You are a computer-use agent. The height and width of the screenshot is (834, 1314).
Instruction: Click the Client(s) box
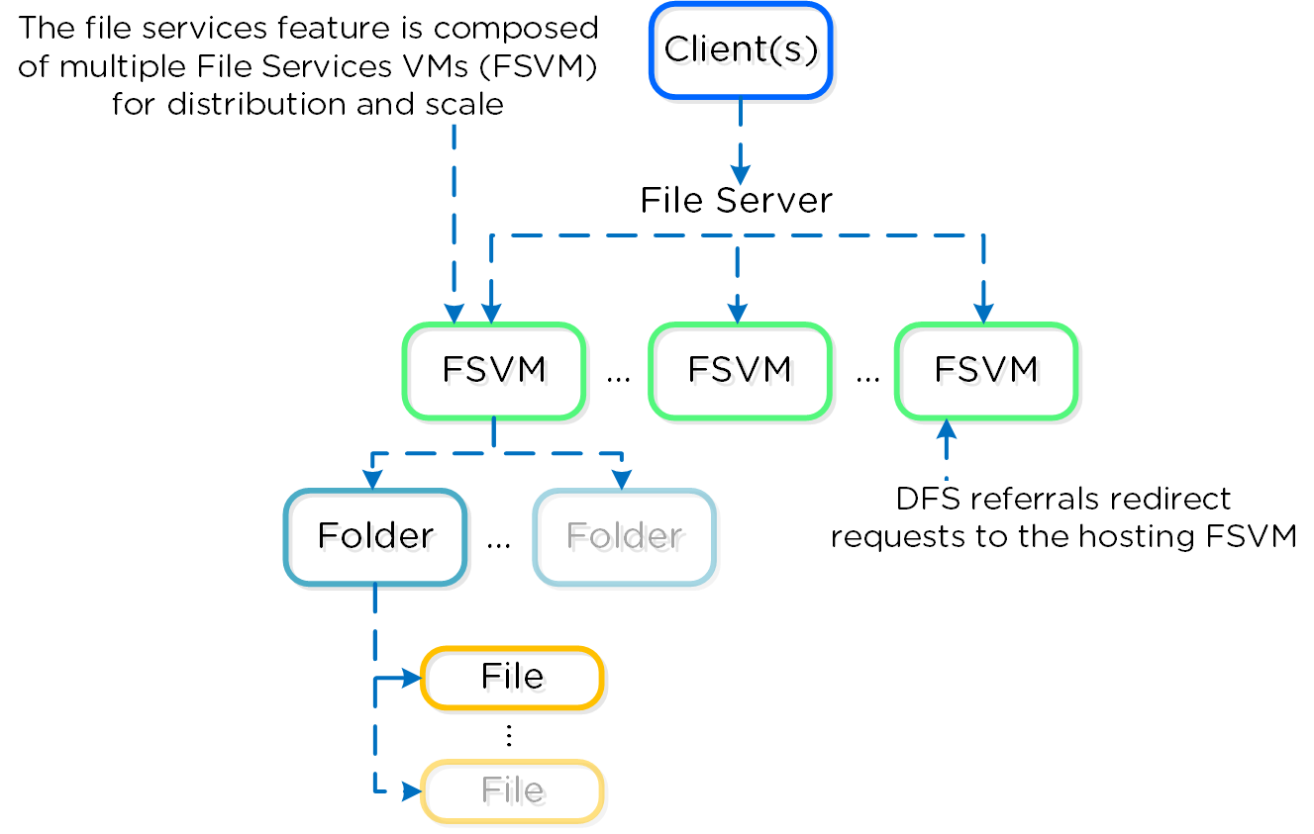pyautogui.click(x=741, y=50)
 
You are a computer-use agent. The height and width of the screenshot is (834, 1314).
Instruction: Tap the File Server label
pyautogui.click(x=736, y=201)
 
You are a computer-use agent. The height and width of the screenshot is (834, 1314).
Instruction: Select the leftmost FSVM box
pyautogui.click(x=493, y=370)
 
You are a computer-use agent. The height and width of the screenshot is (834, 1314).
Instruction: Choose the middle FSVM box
pyautogui.click(x=740, y=370)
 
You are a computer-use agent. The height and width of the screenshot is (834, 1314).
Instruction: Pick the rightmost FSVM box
pyautogui.click(x=985, y=370)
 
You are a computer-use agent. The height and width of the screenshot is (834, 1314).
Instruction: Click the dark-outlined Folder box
pyautogui.click(x=375, y=536)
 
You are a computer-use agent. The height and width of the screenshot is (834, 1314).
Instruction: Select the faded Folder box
pyautogui.click(x=624, y=536)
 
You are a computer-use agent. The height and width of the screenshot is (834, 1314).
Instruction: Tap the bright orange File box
pyautogui.click(x=512, y=678)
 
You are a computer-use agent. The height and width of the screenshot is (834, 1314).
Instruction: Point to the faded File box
pyautogui.click(x=512, y=790)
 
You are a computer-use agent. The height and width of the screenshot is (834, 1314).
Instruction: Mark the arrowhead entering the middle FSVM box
pyautogui.click(x=739, y=313)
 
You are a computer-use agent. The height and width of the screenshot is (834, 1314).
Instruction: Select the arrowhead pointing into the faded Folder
pyautogui.click(x=622, y=479)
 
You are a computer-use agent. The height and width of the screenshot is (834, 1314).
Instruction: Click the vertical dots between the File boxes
pyautogui.click(x=508, y=735)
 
